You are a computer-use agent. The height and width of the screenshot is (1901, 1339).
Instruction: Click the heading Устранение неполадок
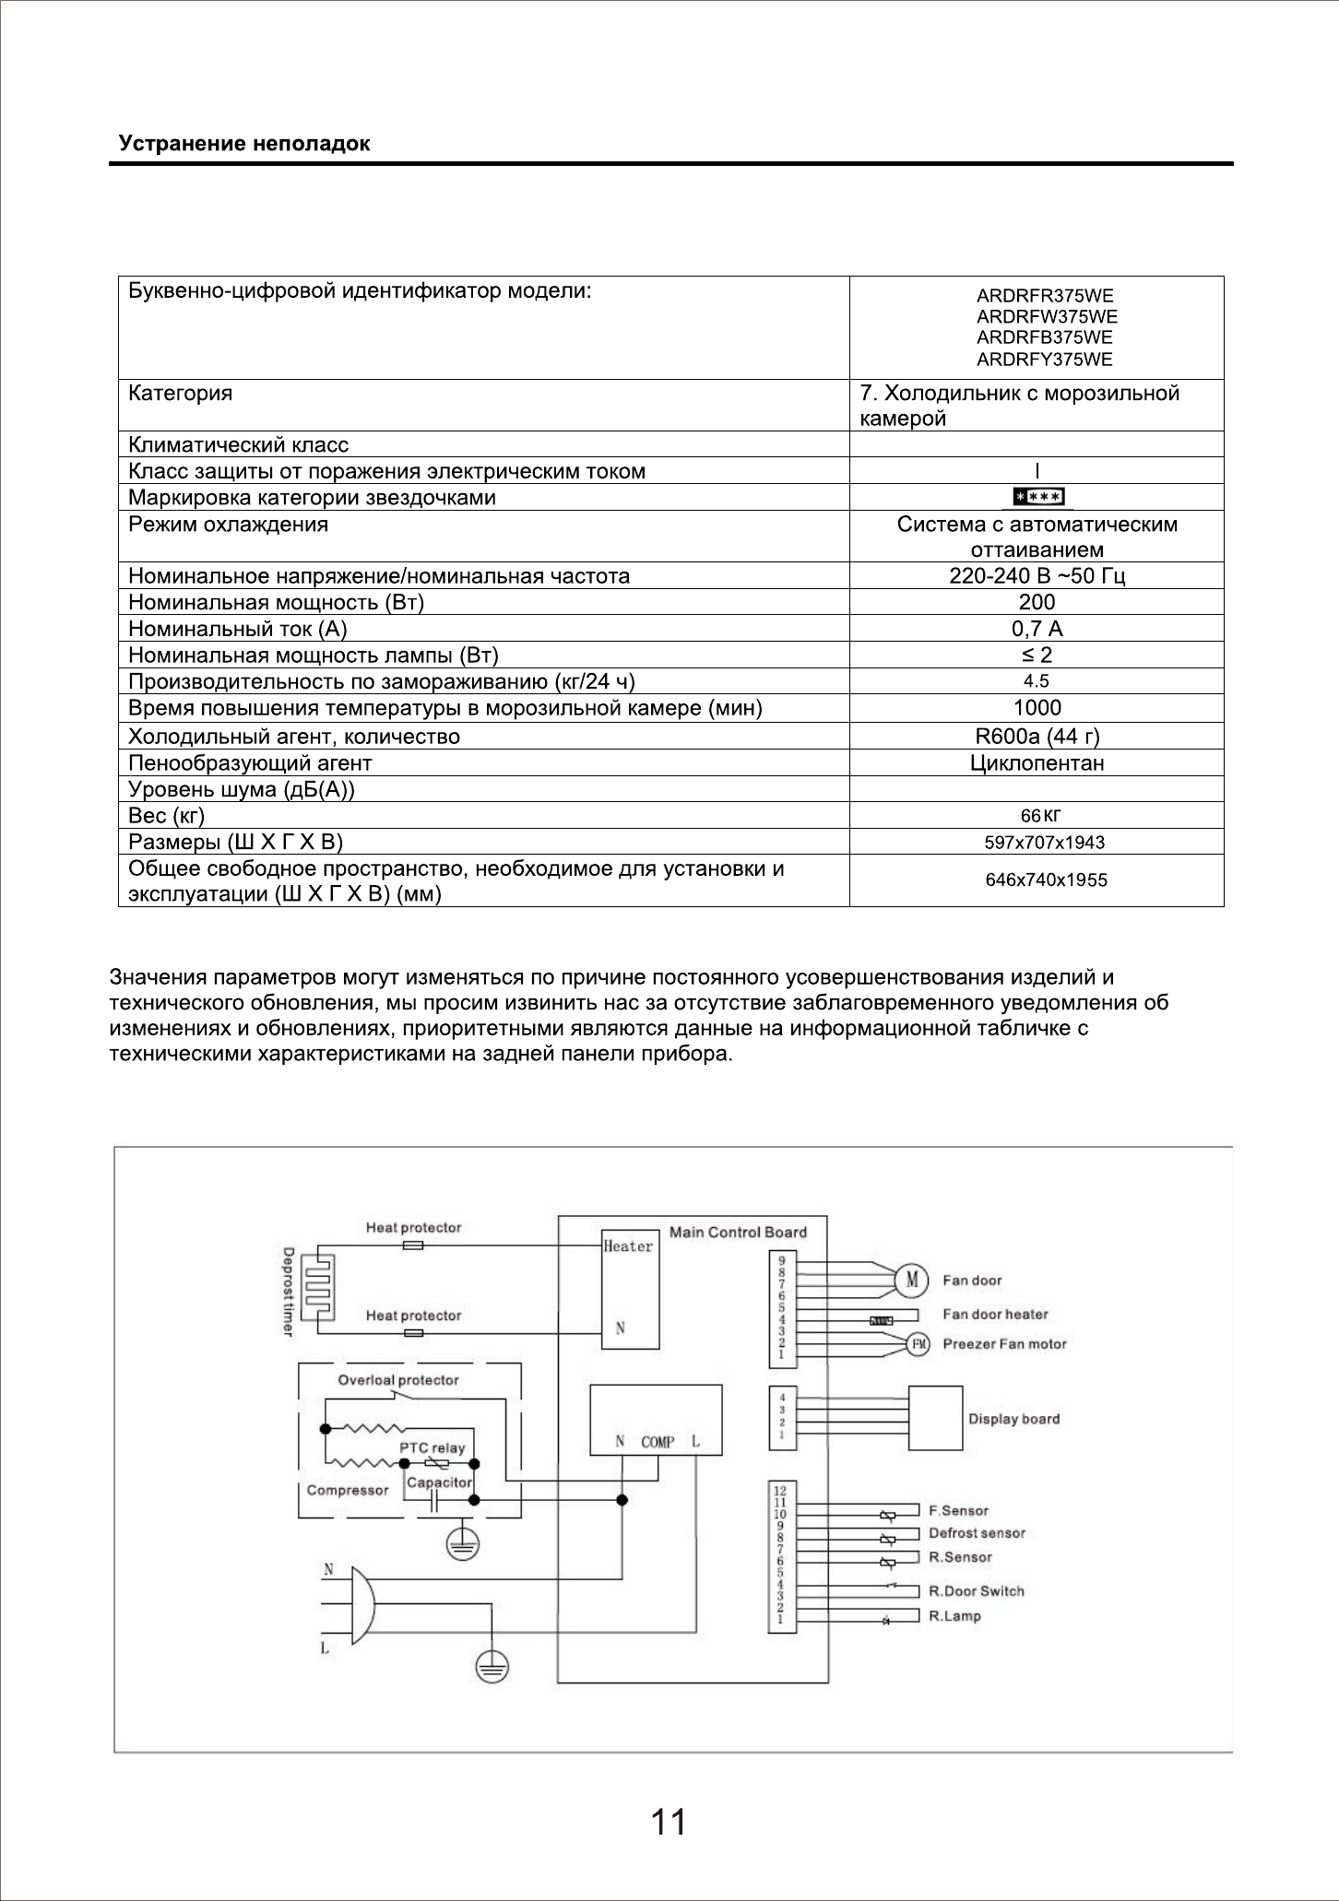tap(244, 145)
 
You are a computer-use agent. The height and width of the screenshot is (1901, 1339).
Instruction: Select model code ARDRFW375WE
tap(1046, 317)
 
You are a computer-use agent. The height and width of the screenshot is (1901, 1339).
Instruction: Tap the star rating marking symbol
tap(1038, 497)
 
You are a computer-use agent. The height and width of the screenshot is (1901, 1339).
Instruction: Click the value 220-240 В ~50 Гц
tap(1037, 576)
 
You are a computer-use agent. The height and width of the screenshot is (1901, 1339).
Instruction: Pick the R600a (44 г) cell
tap(1037, 737)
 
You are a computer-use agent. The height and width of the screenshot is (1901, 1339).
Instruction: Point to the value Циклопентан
tap(1037, 763)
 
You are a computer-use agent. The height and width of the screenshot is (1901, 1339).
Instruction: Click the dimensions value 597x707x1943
tap(1045, 843)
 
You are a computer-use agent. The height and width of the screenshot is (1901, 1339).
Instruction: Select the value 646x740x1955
tap(1046, 880)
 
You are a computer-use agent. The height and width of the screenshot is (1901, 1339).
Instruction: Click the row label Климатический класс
tap(239, 445)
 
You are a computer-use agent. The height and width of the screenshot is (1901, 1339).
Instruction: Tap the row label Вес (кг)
tap(167, 816)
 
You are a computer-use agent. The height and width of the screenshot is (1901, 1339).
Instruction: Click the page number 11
tap(669, 1823)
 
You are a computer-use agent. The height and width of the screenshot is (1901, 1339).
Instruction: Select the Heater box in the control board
tap(630, 1290)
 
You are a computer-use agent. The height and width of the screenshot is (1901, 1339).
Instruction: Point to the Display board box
tap(935, 1419)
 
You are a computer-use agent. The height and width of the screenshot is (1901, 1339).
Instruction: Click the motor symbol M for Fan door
tap(913, 1280)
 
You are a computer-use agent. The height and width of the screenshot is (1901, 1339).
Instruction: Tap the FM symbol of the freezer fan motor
tap(918, 1344)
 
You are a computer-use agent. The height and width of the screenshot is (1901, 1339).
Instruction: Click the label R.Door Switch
tap(976, 1591)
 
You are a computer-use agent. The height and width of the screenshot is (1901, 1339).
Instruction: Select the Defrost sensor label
tap(977, 1533)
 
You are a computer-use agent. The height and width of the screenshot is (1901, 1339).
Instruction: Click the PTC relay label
tap(432, 1448)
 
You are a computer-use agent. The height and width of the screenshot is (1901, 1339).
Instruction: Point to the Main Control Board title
tap(738, 1233)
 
